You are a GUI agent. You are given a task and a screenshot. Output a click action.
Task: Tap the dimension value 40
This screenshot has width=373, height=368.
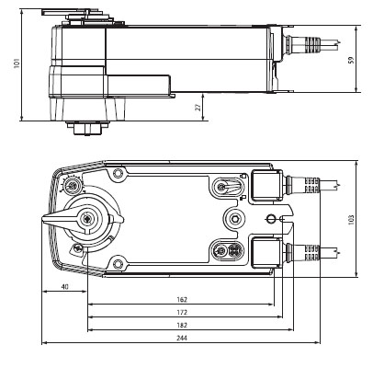coord(64,286)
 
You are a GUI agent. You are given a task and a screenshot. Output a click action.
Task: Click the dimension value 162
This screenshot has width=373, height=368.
coord(181,300)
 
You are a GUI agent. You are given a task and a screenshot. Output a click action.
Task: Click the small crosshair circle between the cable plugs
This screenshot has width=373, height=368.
coord(269,218)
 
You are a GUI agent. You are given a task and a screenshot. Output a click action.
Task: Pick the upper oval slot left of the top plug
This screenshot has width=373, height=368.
coord(223,188)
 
